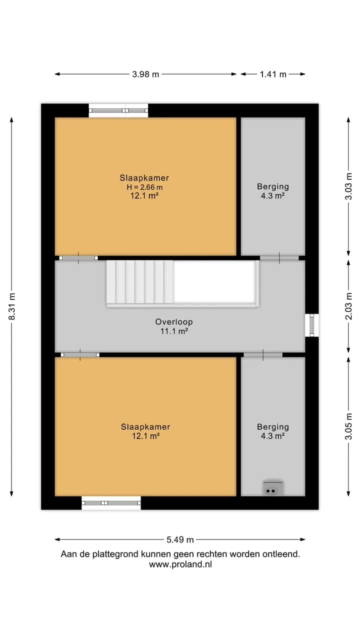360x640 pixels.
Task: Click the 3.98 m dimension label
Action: (x=145, y=74)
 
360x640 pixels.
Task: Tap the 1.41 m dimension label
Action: (x=273, y=74)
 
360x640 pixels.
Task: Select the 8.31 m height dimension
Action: (x=12, y=306)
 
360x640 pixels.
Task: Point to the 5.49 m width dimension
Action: (x=180, y=539)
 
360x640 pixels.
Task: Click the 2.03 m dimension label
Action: (x=348, y=306)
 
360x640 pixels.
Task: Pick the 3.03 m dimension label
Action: (x=348, y=186)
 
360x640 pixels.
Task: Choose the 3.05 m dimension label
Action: (x=348, y=426)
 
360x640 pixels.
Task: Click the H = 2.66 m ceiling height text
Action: (x=145, y=187)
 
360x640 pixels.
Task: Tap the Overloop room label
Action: (x=174, y=322)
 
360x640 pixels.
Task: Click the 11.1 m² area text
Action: (x=174, y=331)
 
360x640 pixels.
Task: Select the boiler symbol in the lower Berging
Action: (x=273, y=488)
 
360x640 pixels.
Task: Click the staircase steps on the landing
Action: (x=140, y=281)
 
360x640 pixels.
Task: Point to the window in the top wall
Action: (x=118, y=110)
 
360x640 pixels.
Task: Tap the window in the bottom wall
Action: (x=111, y=503)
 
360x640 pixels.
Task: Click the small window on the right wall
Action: (x=311, y=325)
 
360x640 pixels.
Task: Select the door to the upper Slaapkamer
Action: (x=78, y=258)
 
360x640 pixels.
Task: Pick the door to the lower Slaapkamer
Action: (x=80, y=355)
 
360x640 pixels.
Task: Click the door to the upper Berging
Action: (x=279, y=258)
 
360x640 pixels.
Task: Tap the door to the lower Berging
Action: (x=263, y=355)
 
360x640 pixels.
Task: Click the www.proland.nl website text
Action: (x=180, y=564)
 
